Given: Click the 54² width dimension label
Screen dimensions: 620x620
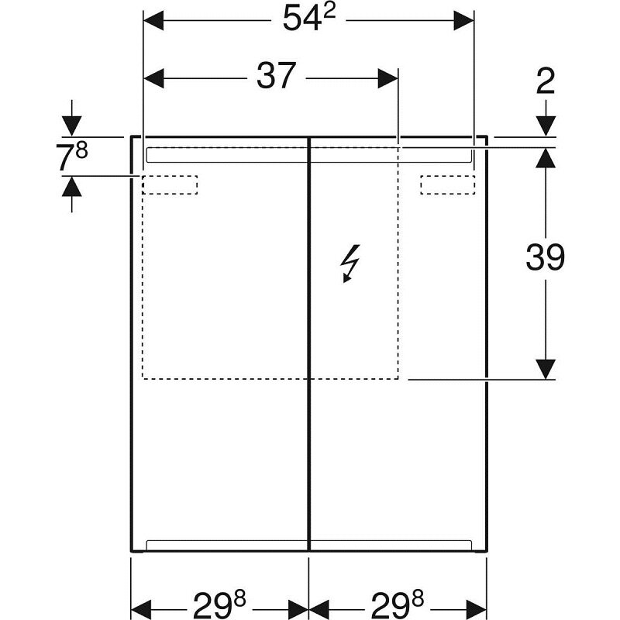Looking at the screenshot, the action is click(309, 18).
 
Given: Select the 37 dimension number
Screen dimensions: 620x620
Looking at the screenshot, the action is click(276, 75).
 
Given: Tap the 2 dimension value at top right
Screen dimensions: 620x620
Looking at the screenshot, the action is click(546, 81).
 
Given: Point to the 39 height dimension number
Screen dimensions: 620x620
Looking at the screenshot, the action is click(546, 257).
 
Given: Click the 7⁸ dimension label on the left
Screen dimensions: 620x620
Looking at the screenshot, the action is click(71, 157).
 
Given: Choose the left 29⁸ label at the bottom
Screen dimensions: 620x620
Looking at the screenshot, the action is click(219, 604).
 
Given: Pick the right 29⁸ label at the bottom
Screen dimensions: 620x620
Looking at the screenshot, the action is click(397, 604).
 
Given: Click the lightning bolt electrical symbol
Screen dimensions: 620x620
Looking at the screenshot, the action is click(351, 263).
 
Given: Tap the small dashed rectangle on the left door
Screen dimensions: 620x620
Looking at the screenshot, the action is click(170, 184).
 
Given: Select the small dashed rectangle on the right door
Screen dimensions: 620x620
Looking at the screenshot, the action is click(448, 184).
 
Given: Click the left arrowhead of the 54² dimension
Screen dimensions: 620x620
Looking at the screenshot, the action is click(153, 20).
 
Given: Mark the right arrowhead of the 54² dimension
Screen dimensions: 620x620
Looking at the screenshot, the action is click(463, 20).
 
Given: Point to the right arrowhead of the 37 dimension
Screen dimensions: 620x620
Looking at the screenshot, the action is click(388, 78).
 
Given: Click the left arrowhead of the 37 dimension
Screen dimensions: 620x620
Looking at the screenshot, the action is click(153, 78).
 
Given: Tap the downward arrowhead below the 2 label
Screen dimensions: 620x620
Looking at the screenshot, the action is click(546, 126).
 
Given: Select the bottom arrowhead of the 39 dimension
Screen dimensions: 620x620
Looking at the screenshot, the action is click(546, 370).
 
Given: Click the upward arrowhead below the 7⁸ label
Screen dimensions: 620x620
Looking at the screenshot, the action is click(71, 186).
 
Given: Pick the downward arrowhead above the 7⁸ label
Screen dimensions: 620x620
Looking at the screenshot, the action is click(71, 126).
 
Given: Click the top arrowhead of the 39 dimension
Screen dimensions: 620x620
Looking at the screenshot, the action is click(546, 158).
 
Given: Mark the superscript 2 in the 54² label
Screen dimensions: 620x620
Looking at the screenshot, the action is click(329, 12).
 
